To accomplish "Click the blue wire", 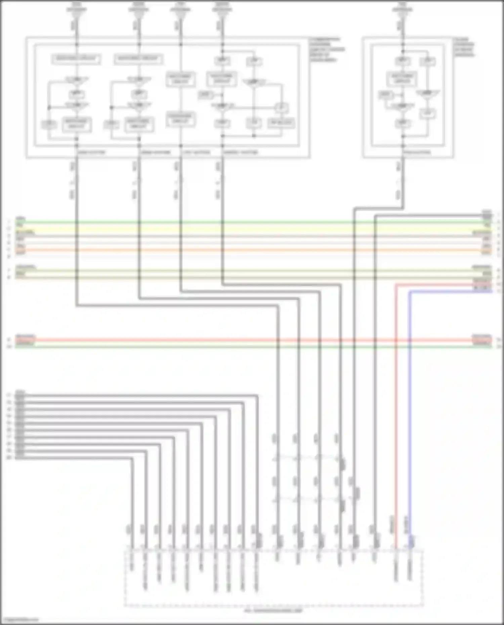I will (x=410, y=403).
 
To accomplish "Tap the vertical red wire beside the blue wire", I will (x=396, y=403).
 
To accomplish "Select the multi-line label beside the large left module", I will (x=327, y=50).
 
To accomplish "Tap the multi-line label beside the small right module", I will (x=464, y=47).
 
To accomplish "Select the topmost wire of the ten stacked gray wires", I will (x=134, y=396).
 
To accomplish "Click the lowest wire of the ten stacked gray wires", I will (x=74, y=458).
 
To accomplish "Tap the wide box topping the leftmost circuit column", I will (x=77, y=59).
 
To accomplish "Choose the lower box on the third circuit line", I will (x=181, y=119).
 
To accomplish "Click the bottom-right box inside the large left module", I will (x=281, y=123).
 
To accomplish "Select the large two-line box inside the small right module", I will (x=402, y=79).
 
